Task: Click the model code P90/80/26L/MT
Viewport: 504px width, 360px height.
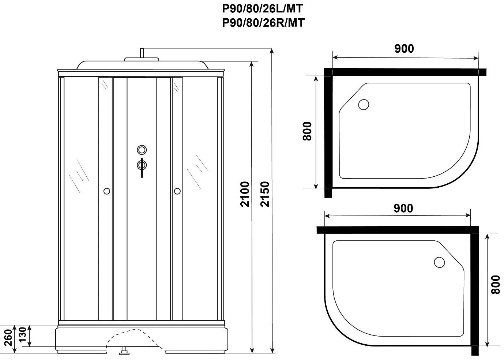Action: coord(263,9)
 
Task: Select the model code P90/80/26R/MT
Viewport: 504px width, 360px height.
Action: coord(263,23)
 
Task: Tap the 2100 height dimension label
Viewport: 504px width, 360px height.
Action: coord(245,194)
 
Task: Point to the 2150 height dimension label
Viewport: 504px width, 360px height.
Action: coord(265,194)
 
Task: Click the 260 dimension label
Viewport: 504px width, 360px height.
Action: coord(8,337)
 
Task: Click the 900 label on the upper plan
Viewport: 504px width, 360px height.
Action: coord(404,49)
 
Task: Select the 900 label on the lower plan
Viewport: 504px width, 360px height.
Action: coord(403,208)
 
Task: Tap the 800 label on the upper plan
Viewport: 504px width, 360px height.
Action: coord(307,131)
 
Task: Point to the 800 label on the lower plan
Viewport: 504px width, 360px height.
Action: coord(496,284)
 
